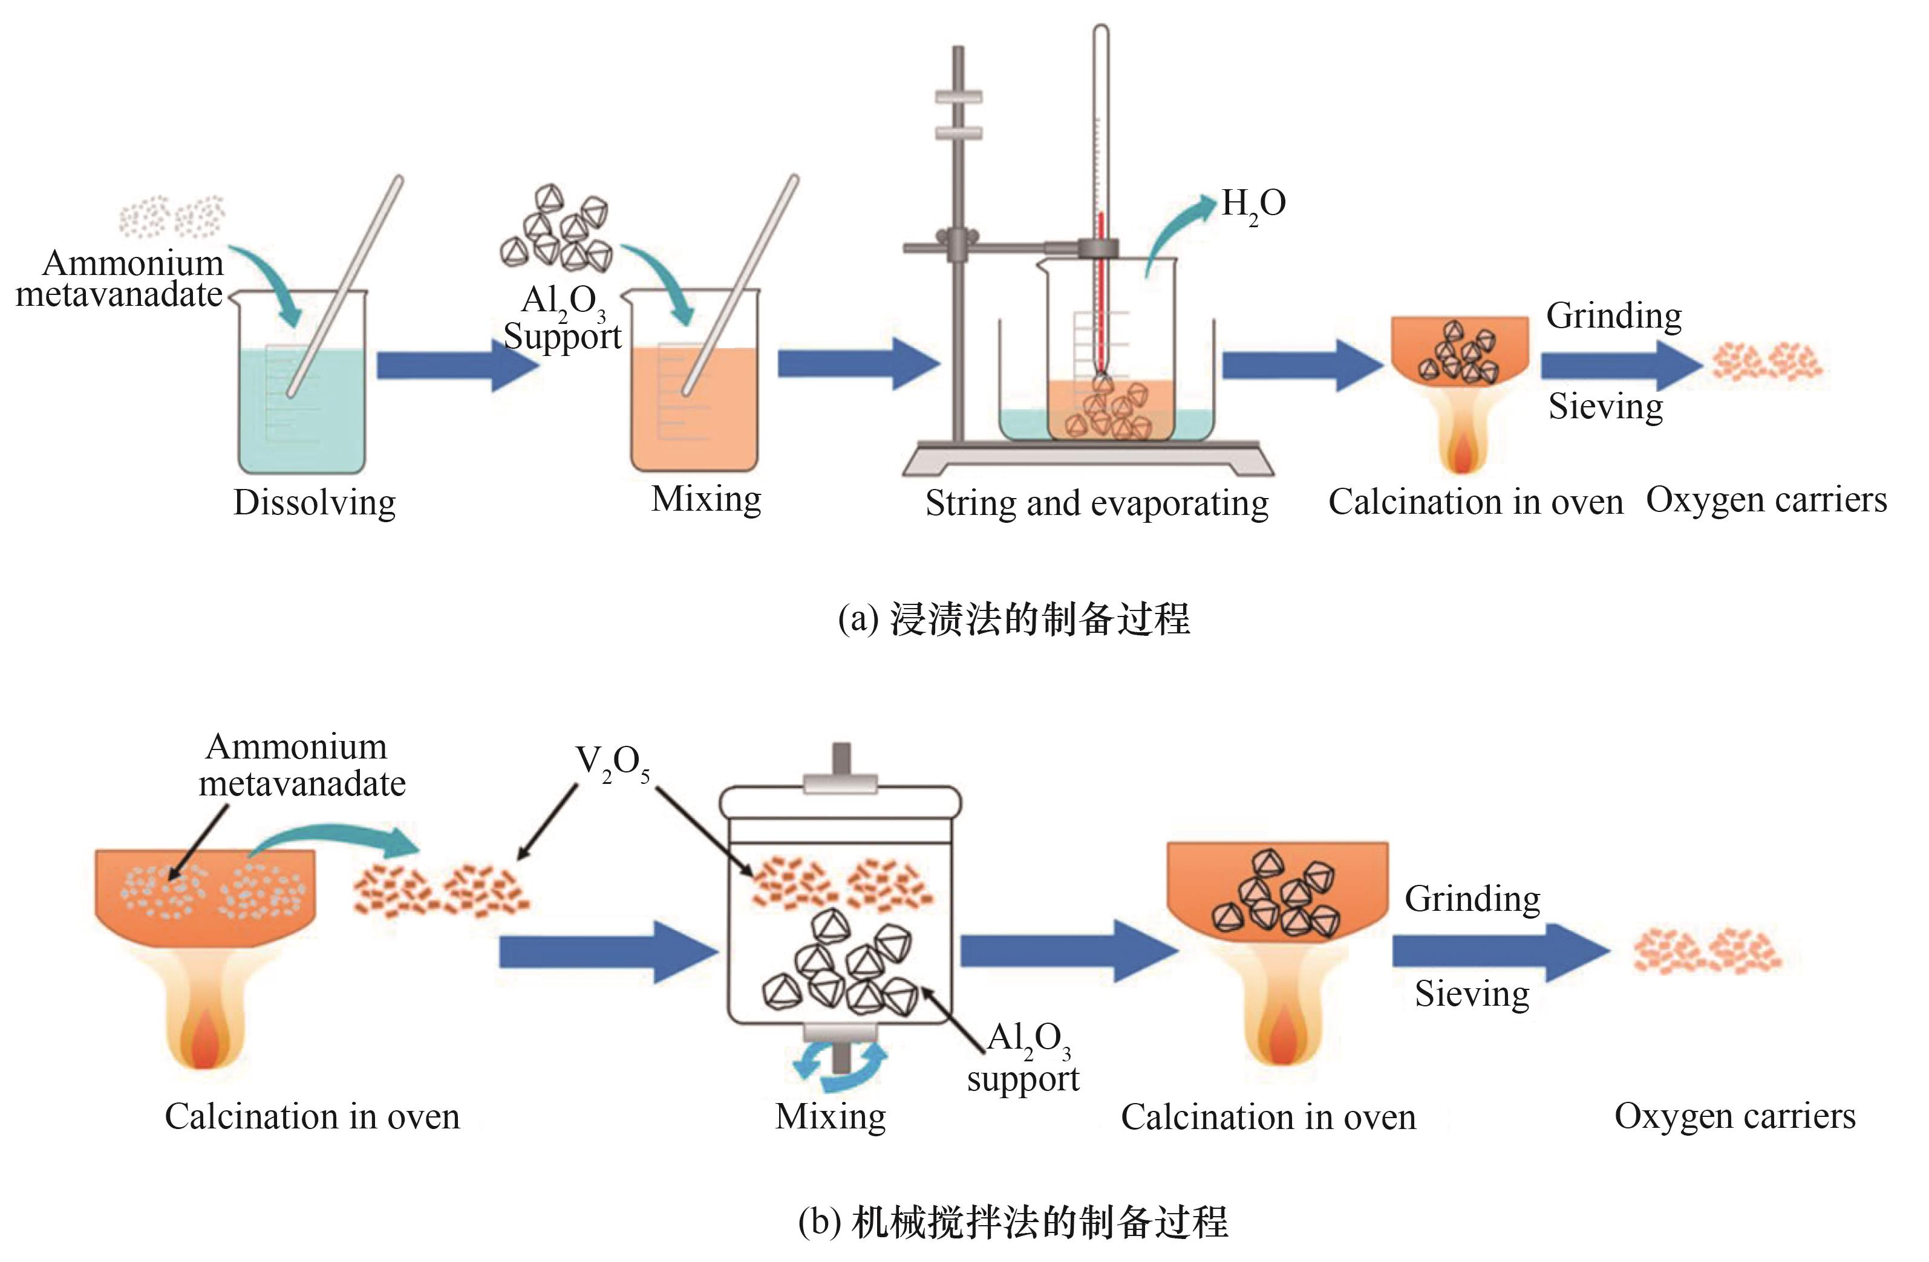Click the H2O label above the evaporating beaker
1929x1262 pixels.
[x=1253, y=205]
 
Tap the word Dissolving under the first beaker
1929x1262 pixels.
[x=315, y=502]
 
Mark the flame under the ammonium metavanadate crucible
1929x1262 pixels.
[x=204, y=1029]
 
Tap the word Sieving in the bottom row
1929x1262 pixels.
[x=1472, y=994]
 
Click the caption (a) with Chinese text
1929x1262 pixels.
[x=1013, y=620]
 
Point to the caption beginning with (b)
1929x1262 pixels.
[x=1013, y=1222]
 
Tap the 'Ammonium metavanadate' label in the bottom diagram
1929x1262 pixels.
[x=301, y=765]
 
